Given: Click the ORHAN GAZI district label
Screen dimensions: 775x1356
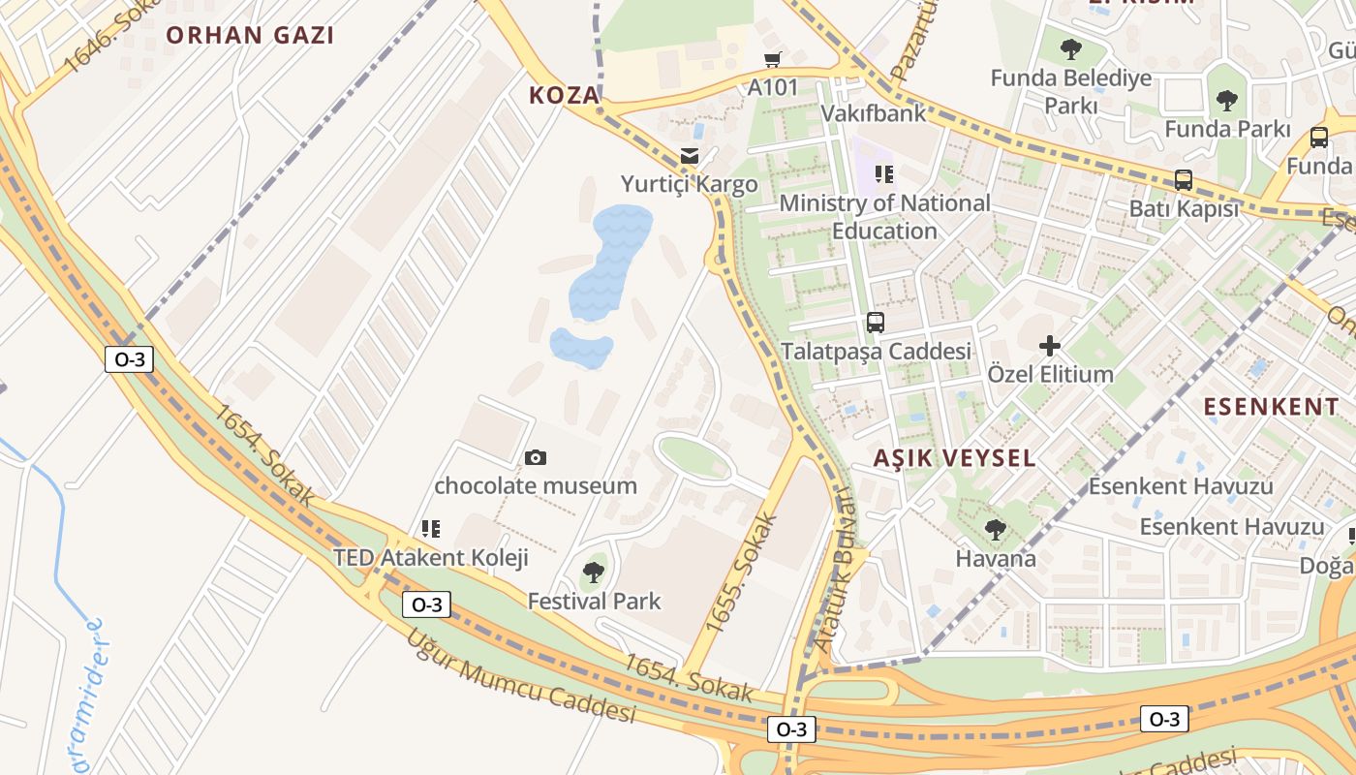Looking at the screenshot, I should (x=250, y=36).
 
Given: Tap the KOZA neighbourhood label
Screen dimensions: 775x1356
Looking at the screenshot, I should (x=565, y=95).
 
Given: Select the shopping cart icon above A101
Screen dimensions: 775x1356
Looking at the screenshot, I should (x=772, y=60).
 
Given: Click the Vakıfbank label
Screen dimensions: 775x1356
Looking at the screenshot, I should (x=873, y=113).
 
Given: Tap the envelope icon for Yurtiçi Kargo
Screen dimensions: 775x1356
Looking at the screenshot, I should (x=690, y=156).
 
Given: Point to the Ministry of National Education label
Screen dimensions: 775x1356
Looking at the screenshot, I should (x=884, y=217).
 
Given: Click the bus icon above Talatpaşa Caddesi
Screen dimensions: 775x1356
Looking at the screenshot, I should (x=876, y=323).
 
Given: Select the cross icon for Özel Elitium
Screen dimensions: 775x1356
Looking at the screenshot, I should (x=1050, y=346).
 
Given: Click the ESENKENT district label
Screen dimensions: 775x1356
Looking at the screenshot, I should (x=1271, y=407).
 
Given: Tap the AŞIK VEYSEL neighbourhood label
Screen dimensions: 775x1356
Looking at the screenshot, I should (x=954, y=458).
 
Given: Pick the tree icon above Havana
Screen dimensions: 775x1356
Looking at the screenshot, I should (x=995, y=530).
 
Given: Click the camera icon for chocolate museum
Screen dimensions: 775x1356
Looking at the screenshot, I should (x=535, y=457).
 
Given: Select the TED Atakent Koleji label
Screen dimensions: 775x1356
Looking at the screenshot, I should (x=431, y=558).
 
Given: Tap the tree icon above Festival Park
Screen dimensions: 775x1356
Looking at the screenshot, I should (x=594, y=573).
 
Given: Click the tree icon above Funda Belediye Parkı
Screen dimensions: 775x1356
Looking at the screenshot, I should (x=1070, y=49).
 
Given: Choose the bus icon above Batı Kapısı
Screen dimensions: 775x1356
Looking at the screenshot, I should (x=1183, y=180).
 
